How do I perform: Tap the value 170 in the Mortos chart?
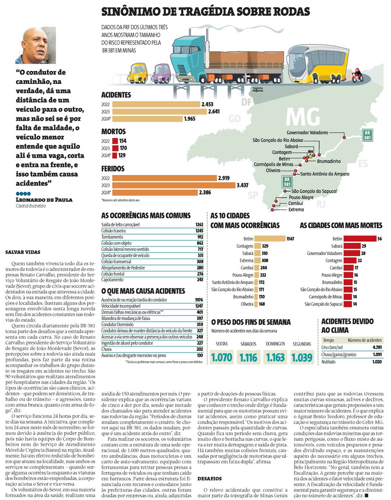coord(123,148)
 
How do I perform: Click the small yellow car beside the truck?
coord(137,73)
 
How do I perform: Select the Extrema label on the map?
coord(296,209)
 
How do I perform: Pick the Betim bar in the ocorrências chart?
coord(270,239)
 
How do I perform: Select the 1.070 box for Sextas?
coord(222,358)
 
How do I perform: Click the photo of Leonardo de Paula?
coord(36,45)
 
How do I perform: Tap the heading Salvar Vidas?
coord(23,253)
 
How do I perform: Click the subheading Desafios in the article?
coord(210,478)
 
